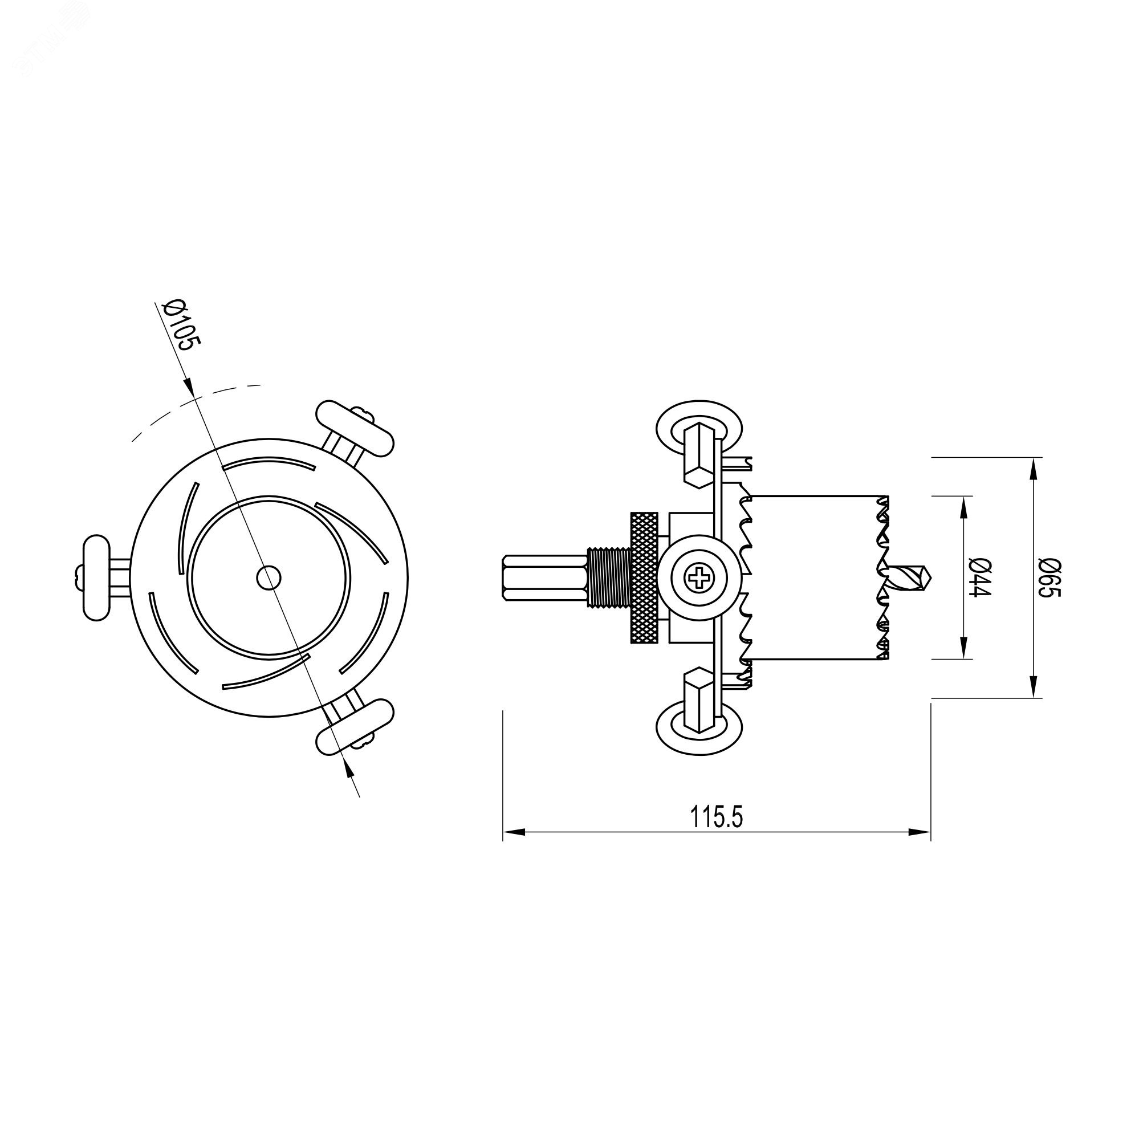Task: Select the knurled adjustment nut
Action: (644, 577)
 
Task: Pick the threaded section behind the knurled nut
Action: (609, 577)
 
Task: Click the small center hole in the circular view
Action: (270, 576)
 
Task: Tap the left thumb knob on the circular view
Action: (96, 577)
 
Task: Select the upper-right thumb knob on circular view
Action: (355, 428)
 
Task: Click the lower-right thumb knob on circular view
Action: (355, 726)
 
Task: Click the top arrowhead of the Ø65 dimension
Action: (1032, 469)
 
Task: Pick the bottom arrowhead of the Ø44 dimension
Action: (963, 648)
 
